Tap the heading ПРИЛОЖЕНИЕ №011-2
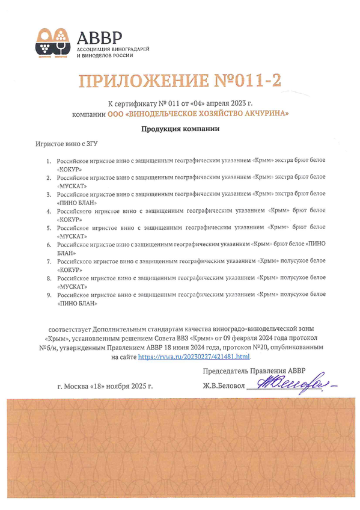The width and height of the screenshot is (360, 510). coord(180,81)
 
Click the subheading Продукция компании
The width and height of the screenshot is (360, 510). coord(180,129)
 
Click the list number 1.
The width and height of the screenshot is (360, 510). coord(49,162)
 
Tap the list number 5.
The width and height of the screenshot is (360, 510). coord(49,229)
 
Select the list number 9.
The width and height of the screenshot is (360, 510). coord(49,295)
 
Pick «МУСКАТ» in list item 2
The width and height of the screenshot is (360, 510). coord(72,186)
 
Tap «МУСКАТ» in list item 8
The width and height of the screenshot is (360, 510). coord(72,287)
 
